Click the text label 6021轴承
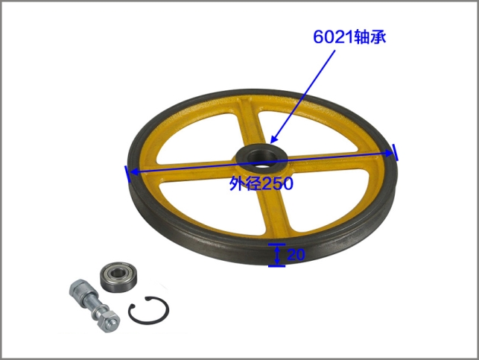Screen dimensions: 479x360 point(349,37)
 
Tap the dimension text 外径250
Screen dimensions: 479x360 point(261,183)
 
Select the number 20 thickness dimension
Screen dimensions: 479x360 point(296,254)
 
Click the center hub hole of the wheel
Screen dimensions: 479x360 point(261,159)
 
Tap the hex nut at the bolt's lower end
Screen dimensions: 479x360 point(109,321)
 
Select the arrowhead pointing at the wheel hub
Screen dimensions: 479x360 point(273,139)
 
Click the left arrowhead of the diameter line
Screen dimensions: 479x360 point(134,172)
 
